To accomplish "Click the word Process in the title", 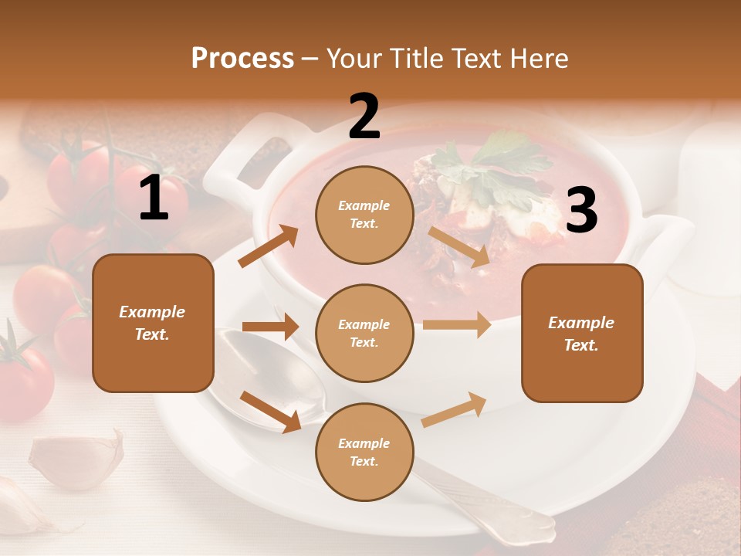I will (242, 59).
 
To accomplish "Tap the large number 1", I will (154, 198).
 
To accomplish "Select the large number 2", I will (364, 117).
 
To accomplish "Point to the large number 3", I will (581, 210).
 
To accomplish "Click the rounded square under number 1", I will (153, 323).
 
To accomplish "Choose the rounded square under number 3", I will (582, 333).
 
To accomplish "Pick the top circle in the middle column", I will (364, 215).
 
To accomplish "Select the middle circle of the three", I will (364, 333).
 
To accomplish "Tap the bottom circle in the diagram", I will (364, 452).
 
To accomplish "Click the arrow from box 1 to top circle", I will (268, 246).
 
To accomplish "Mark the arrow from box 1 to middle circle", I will (270, 327).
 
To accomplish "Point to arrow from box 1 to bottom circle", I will (270, 411).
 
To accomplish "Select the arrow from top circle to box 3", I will (459, 246).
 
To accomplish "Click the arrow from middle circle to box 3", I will (457, 324).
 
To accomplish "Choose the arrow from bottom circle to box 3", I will (455, 409).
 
